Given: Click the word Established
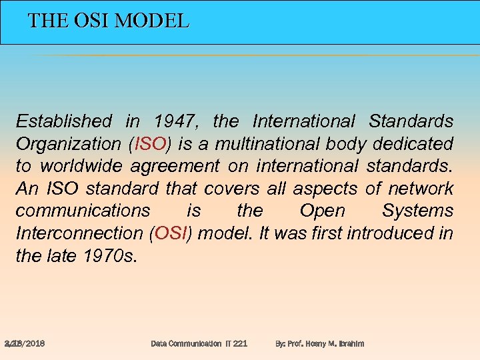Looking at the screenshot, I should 64,121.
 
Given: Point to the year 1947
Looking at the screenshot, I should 176,121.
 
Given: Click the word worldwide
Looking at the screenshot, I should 81,166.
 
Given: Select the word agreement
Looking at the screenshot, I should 175,166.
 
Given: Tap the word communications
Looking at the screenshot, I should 83,211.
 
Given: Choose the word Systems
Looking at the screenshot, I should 417,211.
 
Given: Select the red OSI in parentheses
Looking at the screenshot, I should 173,233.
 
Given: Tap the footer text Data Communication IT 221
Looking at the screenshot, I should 199,343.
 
